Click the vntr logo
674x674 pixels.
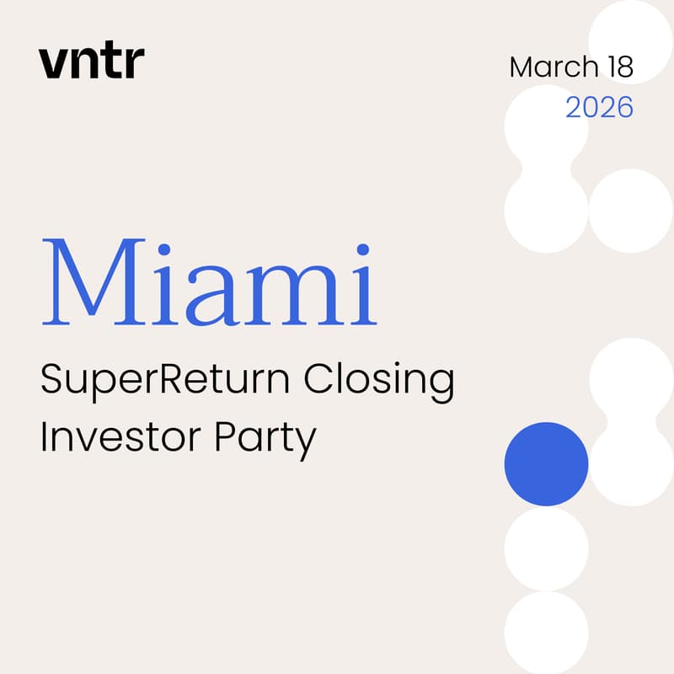[x=91, y=62]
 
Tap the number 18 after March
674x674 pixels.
[x=618, y=67]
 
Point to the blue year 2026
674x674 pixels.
[x=599, y=108]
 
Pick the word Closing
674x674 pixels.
[x=379, y=382]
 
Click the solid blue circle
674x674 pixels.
[x=546, y=464]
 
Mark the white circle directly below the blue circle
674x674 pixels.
[x=546, y=548]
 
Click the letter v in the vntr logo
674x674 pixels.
[x=51, y=64]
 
